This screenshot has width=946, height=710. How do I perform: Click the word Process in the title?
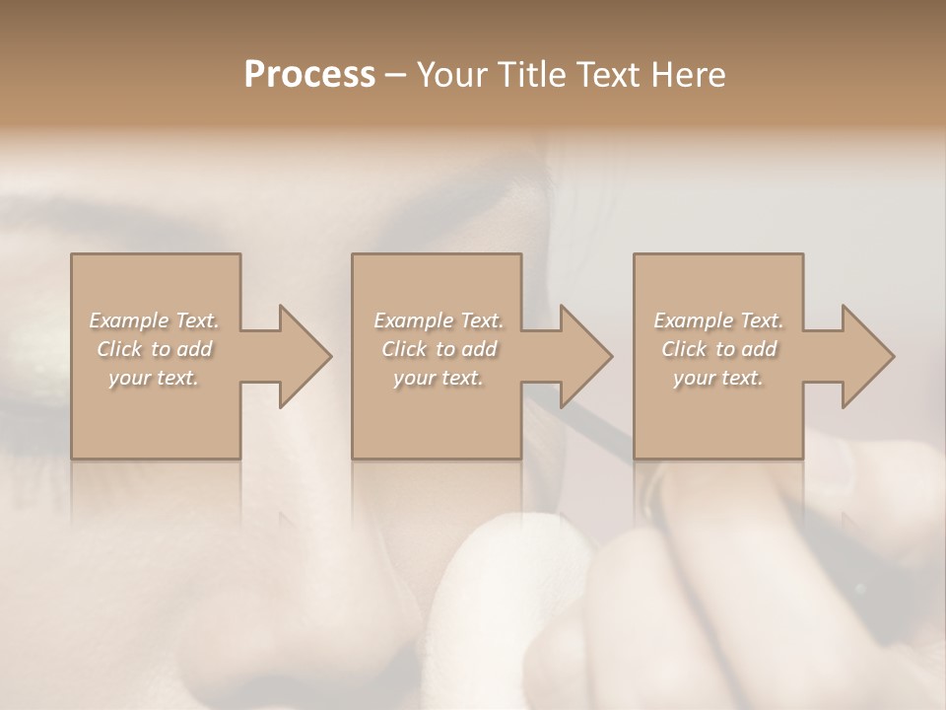309,75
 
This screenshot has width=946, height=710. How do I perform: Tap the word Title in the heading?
533,75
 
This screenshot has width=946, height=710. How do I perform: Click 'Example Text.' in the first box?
154,320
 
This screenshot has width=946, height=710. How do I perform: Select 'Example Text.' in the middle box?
439,320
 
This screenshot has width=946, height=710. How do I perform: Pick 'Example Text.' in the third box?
718,320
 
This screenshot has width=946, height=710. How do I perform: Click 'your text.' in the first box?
154,378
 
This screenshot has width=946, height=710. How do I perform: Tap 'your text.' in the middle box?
439,378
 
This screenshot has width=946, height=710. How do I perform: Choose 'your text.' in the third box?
718,378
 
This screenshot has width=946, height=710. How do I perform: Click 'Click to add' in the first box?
154,349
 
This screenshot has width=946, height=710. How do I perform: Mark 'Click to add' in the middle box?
439,349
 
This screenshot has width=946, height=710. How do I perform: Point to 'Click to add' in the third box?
718,349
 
